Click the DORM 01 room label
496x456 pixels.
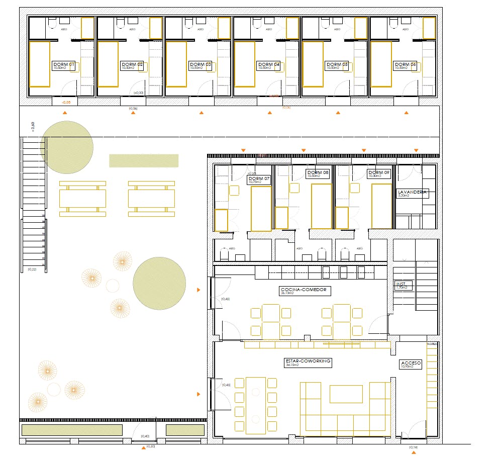pos(64,65)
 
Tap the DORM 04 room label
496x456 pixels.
pos(269,65)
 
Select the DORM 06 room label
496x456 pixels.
pos(406,65)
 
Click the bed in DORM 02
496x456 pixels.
pos(108,64)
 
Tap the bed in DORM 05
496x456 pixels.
pos(313,64)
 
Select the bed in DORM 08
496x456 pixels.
pos(322,207)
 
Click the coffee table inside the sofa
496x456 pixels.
pos(346,394)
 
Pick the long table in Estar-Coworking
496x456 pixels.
pos(255,405)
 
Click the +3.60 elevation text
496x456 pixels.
pos(33,127)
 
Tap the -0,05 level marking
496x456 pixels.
pos(66,103)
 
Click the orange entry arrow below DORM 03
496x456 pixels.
pos(202,113)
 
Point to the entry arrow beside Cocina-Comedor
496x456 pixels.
pos(199,290)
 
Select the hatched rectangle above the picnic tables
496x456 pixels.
pos(144,160)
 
